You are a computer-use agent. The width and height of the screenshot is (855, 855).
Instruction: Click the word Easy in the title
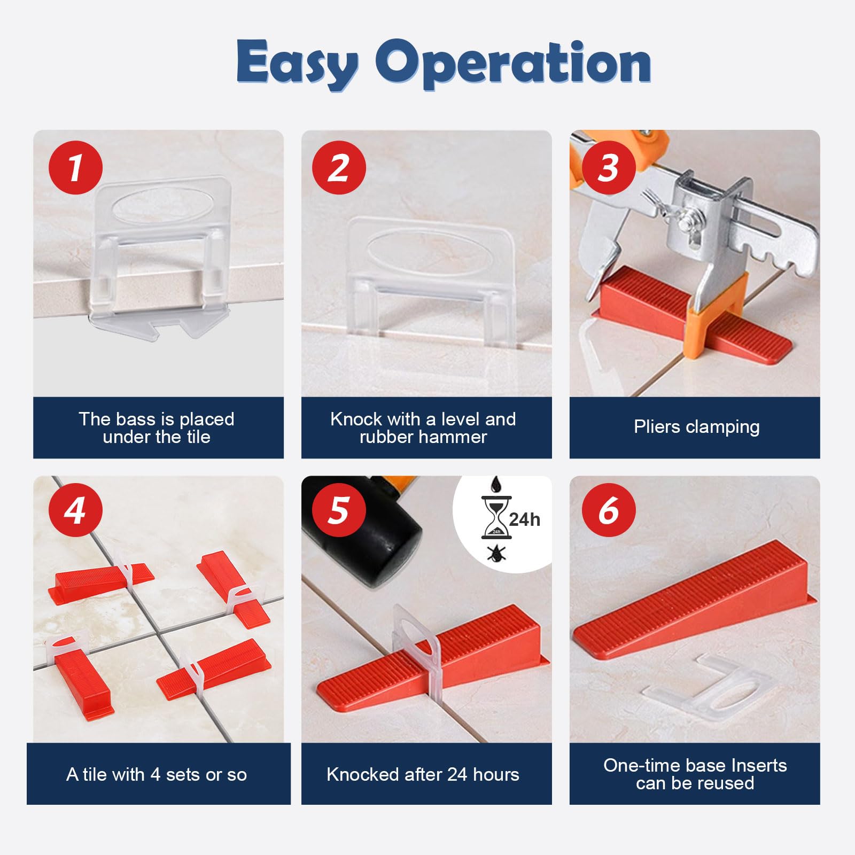(x=297, y=63)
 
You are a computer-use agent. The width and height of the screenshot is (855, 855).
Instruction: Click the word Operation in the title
(x=513, y=63)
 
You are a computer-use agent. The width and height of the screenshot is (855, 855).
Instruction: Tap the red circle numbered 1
(x=75, y=167)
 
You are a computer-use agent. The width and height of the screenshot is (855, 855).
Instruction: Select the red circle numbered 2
(x=339, y=167)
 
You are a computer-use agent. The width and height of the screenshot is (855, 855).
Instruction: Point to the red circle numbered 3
(x=609, y=167)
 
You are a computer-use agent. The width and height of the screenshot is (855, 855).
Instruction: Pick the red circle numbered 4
(x=75, y=510)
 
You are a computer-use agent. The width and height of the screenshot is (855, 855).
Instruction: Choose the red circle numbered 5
(x=339, y=510)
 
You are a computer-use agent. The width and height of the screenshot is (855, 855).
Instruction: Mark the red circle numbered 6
(x=609, y=510)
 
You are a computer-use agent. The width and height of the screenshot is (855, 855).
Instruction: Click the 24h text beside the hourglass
(x=524, y=519)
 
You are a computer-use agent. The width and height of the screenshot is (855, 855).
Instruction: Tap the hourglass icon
(x=496, y=518)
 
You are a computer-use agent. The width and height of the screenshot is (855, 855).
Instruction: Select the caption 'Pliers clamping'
(x=696, y=427)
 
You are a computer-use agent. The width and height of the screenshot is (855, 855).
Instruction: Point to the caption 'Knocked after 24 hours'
(x=423, y=774)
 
